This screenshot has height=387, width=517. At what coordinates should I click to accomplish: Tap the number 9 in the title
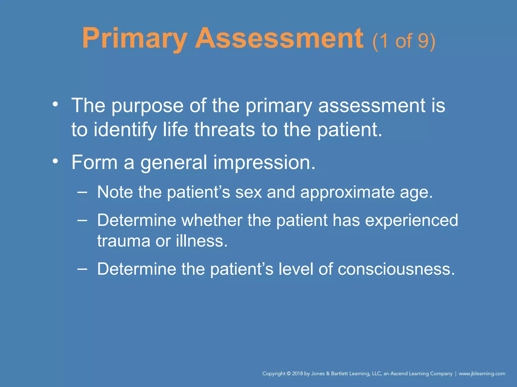pos(423,41)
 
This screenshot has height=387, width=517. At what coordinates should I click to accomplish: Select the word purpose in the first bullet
pos(147,106)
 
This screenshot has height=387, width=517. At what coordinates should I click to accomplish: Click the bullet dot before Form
pos(55,161)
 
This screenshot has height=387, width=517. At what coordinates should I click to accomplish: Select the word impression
pos(264,163)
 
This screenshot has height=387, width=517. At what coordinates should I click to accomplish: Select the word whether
pos(212,220)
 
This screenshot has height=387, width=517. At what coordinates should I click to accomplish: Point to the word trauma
pos(124,241)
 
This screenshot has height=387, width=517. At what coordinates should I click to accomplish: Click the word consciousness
pos(396,269)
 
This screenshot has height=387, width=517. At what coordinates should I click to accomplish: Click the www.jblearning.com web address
pos(482,374)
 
